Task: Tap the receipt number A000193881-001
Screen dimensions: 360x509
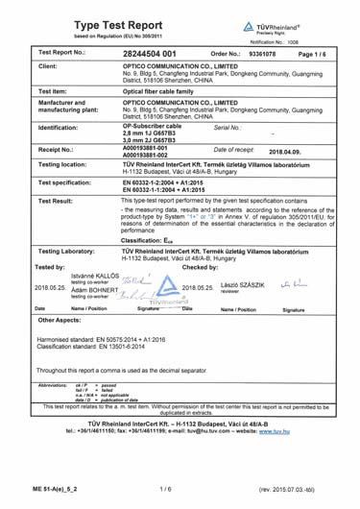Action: pyautogui.click(x=144, y=149)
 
